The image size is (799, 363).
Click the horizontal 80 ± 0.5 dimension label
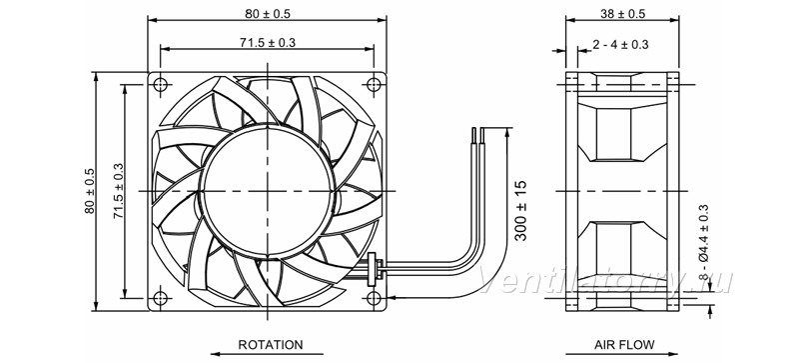(267, 14)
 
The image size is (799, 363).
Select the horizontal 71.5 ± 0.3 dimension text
(268, 42)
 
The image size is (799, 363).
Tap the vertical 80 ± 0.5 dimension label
(90, 191)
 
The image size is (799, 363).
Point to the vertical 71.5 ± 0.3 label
(118, 191)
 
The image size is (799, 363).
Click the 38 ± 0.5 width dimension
(622, 14)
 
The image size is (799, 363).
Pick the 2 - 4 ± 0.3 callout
(620, 44)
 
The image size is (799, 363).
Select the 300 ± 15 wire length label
(520, 210)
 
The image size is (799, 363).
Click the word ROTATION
(270, 345)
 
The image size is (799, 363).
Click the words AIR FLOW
(624, 345)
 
